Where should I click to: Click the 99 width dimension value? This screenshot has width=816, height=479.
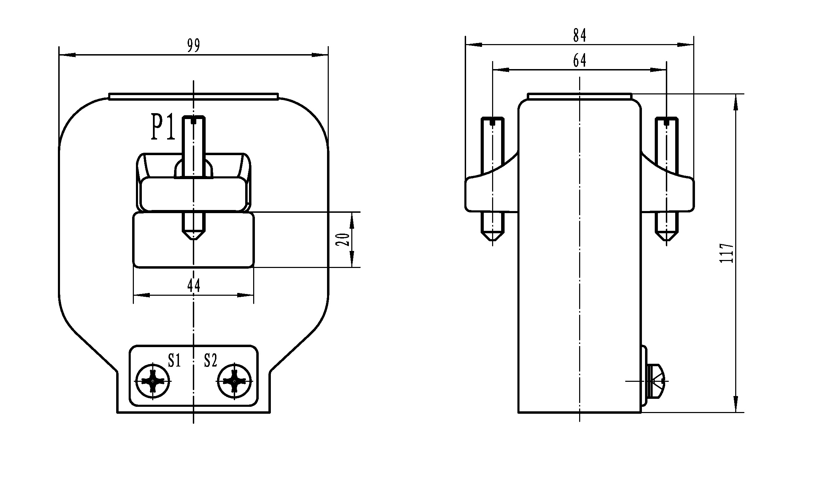(194, 46)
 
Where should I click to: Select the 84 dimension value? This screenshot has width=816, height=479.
(579, 36)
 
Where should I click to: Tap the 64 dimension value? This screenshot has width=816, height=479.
(579, 61)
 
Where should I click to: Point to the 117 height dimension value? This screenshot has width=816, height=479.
(727, 253)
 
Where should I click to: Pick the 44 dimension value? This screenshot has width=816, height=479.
(194, 286)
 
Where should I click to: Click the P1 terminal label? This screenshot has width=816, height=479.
(163, 128)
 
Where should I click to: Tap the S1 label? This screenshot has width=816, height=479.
(174, 361)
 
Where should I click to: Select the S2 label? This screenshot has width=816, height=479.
(211, 361)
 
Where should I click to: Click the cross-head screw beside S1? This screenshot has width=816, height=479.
(153, 381)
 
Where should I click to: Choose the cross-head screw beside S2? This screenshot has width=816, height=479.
(234, 381)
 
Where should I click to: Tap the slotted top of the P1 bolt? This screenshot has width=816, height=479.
(194, 120)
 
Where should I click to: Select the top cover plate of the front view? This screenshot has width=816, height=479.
(194, 96)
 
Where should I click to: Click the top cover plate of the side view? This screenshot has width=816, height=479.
(579, 96)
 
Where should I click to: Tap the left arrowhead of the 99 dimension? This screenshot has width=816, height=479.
(67, 55)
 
